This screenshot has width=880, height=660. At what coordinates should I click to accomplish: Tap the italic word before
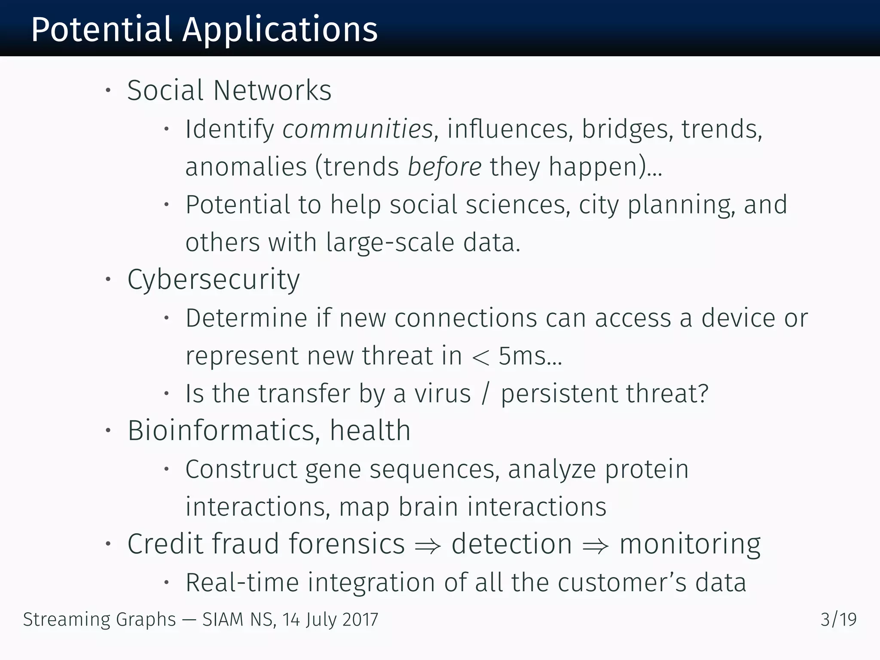coord(444,167)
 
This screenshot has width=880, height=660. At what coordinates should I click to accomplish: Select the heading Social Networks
coord(229,91)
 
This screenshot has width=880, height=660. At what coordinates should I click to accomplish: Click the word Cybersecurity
coord(214,280)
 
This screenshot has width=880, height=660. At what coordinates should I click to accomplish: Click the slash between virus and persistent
coord(486,394)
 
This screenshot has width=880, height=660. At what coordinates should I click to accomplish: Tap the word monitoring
coord(690,544)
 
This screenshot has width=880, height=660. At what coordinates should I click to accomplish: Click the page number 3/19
coord(838,620)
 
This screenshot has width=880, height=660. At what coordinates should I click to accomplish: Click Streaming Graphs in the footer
coord(99,620)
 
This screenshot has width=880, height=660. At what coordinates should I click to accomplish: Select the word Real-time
coord(242,583)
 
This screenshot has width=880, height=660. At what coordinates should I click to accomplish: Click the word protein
coord(647,469)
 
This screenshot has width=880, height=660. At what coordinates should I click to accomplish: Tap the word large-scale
coord(390,242)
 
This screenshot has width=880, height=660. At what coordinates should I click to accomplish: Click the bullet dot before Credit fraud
coord(108,544)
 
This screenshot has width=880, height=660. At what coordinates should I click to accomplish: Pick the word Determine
coord(246,318)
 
